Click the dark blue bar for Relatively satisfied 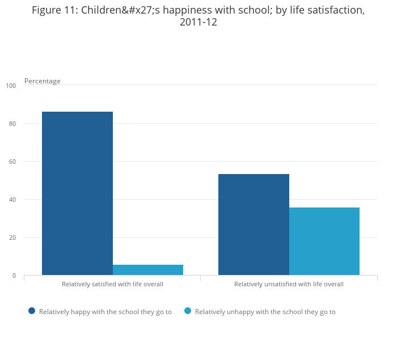(x=77, y=193)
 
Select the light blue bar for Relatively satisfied (x=148, y=270)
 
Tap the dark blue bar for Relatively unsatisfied (x=254, y=225)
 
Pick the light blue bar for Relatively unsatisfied (x=324, y=242)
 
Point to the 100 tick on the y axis (x=11, y=86)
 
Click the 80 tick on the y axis (x=12, y=124)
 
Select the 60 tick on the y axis (x=12, y=162)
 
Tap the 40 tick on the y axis (x=12, y=200)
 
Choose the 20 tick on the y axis (x=12, y=238)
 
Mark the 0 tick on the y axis (x=14, y=276)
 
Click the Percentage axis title (x=43, y=81)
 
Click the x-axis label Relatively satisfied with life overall (x=112, y=284)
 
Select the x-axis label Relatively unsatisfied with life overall (x=289, y=284)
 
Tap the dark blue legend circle (x=32, y=311)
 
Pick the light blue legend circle (x=188, y=311)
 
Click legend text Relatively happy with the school (x=105, y=312)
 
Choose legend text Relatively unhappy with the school (x=265, y=312)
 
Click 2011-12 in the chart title (x=198, y=23)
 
